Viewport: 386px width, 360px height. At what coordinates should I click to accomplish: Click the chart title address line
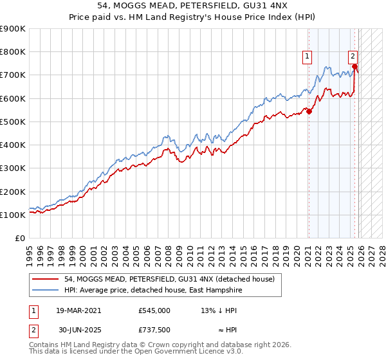(x=193, y=6)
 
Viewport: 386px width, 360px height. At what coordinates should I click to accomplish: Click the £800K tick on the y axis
(x=13, y=52)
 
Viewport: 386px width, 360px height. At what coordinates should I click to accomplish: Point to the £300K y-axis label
(x=13, y=168)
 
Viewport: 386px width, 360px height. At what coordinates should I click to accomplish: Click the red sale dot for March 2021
(x=309, y=111)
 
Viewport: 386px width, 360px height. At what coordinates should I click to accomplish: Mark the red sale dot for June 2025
(x=354, y=66)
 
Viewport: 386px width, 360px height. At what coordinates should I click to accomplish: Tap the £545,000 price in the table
(x=154, y=310)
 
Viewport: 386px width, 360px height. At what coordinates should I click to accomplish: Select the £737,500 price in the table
(x=154, y=330)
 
